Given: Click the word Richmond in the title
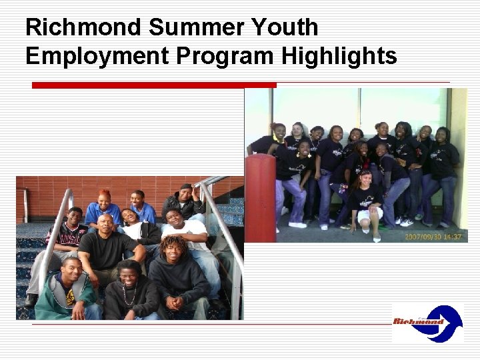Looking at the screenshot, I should (x=83, y=28).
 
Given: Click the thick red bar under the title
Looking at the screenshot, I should (x=153, y=85).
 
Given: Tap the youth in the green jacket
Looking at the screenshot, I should (x=67, y=293).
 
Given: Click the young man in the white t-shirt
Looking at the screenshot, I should (x=183, y=233).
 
